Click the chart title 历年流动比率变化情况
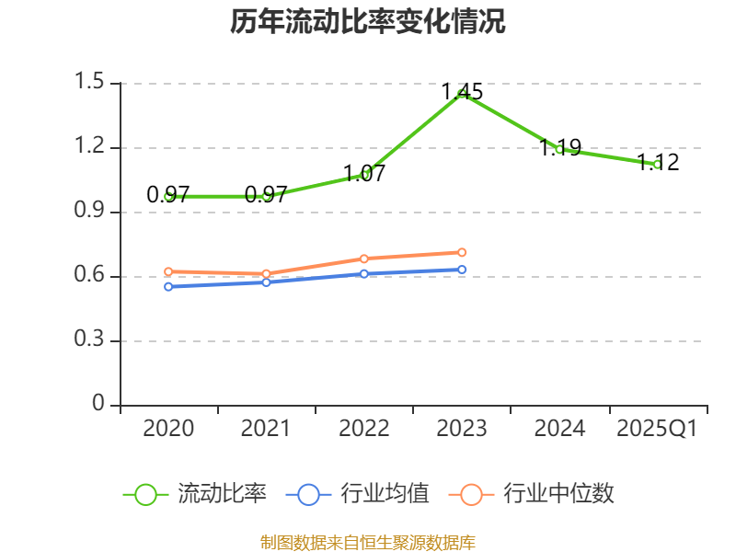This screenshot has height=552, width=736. click(x=368, y=22)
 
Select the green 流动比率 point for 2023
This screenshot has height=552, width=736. click(x=462, y=93)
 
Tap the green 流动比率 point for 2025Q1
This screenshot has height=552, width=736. click(x=657, y=164)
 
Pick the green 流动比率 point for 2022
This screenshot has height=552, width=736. click(x=364, y=174)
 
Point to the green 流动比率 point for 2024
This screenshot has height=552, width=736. click(x=559, y=149)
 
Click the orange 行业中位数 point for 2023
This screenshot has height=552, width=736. click(x=462, y=252)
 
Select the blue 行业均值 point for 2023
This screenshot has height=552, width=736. click(x=462, y=270)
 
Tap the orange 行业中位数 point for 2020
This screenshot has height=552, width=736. click(x=168, y=271)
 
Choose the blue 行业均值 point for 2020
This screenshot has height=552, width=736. click(x=168, y=287)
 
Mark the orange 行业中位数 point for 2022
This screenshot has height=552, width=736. click(x=364, y=259)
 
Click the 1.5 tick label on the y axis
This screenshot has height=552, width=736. click(x=92, y=84)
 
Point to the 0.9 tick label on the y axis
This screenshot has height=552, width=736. click(x=92, y=213)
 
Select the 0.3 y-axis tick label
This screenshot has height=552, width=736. click(x=92, y=341)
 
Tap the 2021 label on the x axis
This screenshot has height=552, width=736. click(x=266, y=429)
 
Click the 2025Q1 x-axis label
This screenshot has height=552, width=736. click(x=657, y=429)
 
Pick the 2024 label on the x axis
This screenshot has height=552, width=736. click(x=559, y=429)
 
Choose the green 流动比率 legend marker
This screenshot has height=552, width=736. click(x=145, y=494)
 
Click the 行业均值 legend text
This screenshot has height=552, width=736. click(x=385, y=494)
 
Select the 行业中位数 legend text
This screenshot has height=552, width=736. click(x=558, y=494)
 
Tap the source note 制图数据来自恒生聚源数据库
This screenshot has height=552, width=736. click(x=368, y=542)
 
